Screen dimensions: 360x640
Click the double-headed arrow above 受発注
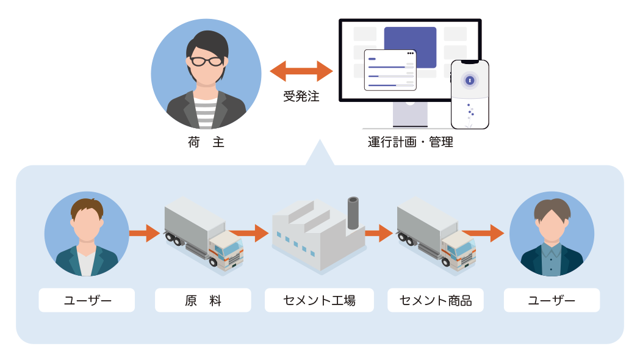(x=301, y=71)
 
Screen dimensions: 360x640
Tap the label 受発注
(x=301, y=96)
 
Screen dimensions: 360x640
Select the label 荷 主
(x=206, y=143)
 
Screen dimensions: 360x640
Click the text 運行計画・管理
(x=411, y=143)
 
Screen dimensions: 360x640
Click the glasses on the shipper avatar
(x=206, y=61)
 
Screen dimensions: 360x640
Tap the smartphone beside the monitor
(x=470, y=94)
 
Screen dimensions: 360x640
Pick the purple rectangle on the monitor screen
(x=410, y=40)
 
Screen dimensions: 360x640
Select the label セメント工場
(x=319, y=300)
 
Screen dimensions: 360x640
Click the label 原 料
(x=203, y=300)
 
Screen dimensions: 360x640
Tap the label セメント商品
(x=436, y=300)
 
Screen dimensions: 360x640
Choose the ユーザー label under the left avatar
(x=87, y=300)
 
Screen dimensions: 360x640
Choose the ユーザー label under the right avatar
(x=552, y=300)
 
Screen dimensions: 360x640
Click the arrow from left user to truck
(x=144, y=233)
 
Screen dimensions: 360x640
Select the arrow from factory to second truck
(x=379, y=233)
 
